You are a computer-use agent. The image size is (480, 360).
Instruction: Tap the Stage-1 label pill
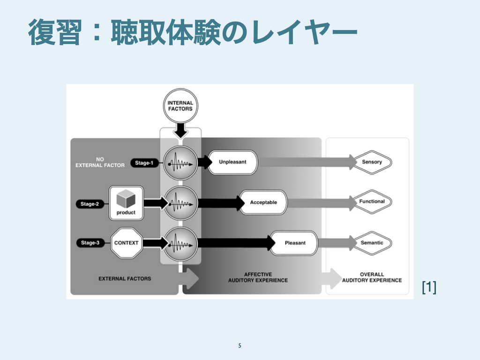click(x=144, y=163)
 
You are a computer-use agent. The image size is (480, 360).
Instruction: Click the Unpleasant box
click(x=232, y=162)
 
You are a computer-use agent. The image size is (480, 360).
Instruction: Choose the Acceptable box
click(x=263, y=202)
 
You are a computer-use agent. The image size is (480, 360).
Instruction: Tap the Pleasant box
click(x=295, y=243)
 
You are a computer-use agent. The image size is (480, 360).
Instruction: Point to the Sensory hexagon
click(x=372, y=162)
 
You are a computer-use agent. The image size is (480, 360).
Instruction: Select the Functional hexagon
click(x=372, y=202)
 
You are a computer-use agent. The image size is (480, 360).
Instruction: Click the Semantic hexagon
click(x=372, y=243)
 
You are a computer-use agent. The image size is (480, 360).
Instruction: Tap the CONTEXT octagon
click(x=126, y=243)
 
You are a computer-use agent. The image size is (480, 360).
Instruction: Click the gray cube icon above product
click(x=126, y=199)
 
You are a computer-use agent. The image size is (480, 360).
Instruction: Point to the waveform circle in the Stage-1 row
click(x=180, y=163)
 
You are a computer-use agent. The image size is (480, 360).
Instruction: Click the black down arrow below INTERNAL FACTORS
click(x=180, y=129)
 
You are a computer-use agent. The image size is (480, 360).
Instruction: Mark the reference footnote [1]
click(x=428, y=287)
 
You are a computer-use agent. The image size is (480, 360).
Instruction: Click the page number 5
click(x=240, y=346)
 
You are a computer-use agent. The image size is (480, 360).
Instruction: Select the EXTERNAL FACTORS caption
click(x=125, y=278)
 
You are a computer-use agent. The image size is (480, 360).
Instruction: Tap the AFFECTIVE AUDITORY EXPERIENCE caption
click(x=258, y=277)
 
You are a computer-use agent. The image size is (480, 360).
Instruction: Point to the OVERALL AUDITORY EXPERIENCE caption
click(x=372, y=277)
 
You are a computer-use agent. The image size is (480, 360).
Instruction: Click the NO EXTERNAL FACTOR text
click(x=100, y=162)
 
